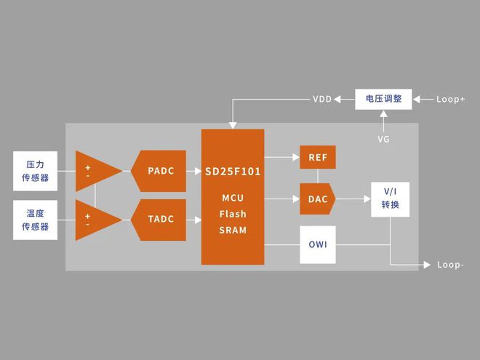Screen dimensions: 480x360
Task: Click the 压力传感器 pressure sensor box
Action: coord(35,171)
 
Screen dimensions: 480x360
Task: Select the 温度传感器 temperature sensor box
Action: coord(35,220)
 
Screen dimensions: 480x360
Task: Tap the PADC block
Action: coord(158,172)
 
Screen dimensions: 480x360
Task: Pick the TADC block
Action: coord(158,220)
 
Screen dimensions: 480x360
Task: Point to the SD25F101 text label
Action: coord(232,172)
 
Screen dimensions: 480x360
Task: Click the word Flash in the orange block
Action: coord(233,214)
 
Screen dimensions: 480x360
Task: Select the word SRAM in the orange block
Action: coord(233,230)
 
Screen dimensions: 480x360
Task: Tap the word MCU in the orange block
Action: coord(233,198)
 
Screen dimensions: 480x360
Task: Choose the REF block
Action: coord(318,157)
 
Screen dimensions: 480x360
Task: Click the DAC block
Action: coord(318,199)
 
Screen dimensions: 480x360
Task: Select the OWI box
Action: coord(318,244)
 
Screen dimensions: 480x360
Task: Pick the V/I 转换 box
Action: coord(391,199)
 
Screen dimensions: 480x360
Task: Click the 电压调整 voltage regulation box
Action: coord(383,98)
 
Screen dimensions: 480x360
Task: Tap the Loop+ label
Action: coord(451,99)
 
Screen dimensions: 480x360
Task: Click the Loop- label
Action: coord(451,265)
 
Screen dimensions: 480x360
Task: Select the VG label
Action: coord(383,138)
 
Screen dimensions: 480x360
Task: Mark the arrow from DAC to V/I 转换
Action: coord(352,198)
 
